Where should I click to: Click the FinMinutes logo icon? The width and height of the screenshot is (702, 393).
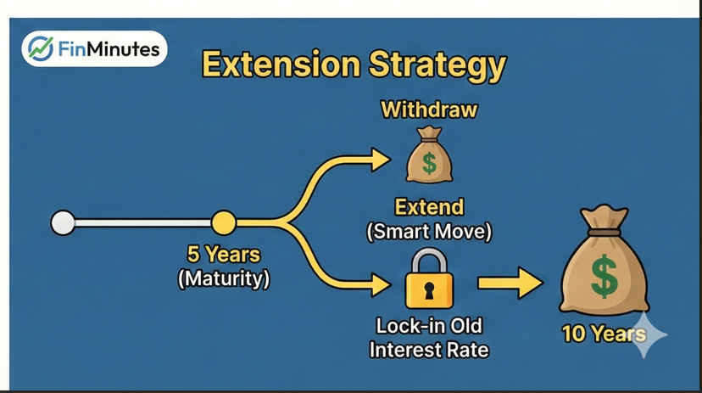click(41, 48)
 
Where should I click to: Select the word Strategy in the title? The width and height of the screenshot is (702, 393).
click(437, 67)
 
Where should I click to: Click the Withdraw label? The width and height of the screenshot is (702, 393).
click(429, 109)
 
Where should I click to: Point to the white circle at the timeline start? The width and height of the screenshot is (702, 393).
click(63, 222)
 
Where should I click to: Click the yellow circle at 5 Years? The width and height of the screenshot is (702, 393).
click(224, 222)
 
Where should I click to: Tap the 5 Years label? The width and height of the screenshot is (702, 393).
click(224, 255)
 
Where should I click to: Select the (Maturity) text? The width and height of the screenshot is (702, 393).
click(224, 278)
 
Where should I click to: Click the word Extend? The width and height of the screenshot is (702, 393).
click(429, 207)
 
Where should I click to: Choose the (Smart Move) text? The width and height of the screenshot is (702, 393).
click(429, 232)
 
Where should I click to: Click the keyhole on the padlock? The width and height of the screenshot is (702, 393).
click(429, 291)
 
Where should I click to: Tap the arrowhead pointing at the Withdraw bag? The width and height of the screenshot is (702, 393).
click(381, 160)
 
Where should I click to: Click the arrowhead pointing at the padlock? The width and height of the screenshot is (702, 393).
click(381, 285)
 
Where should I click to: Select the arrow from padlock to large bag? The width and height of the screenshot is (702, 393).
click(510, 283)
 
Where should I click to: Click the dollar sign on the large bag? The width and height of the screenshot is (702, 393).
click(604, 276)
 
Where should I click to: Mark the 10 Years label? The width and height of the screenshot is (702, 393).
click(604, 334)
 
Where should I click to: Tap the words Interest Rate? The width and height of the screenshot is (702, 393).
click(429, 350)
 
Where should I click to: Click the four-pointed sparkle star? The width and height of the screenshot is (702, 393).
click(643, 334)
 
